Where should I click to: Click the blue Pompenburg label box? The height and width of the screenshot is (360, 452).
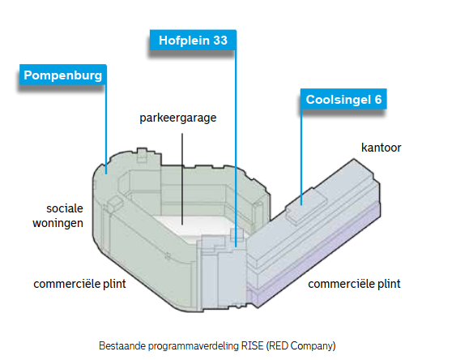point(63,75)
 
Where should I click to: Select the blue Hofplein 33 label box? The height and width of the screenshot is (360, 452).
point(193,40)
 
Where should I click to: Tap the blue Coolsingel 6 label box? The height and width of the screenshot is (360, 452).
point(343,99)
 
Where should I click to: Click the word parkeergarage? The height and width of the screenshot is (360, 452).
point(178,118)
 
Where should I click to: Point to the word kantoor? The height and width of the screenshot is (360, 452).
point(381,148)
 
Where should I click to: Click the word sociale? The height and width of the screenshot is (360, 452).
point(65,208)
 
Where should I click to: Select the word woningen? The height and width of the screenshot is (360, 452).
point(58,223)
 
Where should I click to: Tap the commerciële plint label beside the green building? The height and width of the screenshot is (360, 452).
point(79,284)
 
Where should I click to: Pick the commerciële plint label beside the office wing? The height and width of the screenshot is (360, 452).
point(354,284)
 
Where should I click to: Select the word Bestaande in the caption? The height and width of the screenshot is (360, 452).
point(122,345)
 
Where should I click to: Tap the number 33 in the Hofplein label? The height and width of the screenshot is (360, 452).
point(220,41)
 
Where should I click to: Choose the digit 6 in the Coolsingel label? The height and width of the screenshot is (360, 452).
point(378,100)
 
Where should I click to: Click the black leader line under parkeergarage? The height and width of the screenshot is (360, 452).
point(182,179)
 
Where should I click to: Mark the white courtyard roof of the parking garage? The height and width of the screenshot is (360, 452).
point(196,226)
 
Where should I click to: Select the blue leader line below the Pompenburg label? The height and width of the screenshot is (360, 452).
point(106,129)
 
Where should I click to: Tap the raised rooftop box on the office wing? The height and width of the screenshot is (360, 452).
point(306,205)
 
